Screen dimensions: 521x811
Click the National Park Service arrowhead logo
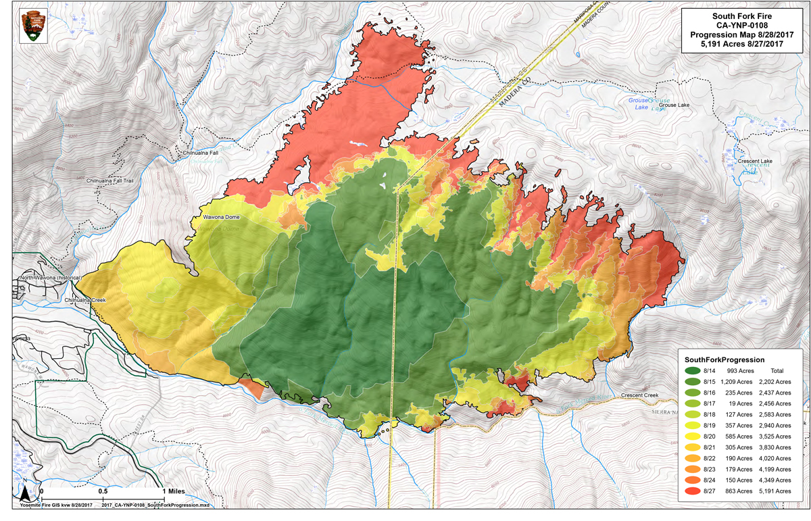(x=30, y=26)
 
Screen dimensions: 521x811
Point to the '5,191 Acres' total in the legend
(x=775, y=491)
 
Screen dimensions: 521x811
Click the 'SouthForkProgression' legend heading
(x=724, y=359)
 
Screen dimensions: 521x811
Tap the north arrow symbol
(x=24, y=493)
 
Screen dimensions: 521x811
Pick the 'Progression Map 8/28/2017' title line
(x=743, y=34)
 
